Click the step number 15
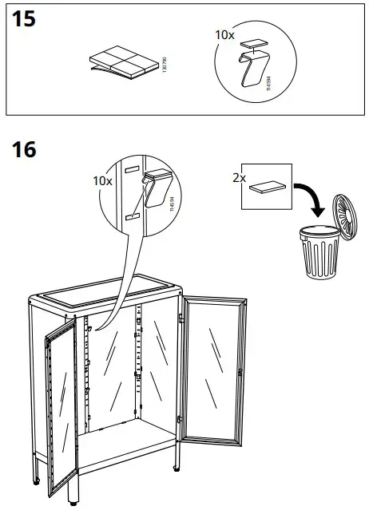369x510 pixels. pos(25,19)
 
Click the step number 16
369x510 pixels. pos(25,149)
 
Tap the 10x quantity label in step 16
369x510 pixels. pos(101,181)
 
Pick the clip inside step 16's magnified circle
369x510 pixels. pos(156,189)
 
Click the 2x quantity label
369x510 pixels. pos(238,178)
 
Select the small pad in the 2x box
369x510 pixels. pos(266,188)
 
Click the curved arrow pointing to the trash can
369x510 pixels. pos(312,198)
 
